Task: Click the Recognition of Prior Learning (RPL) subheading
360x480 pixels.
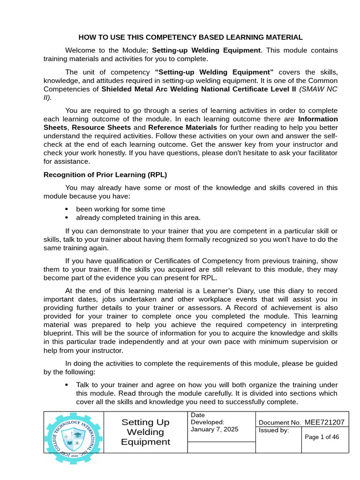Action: (105, 175)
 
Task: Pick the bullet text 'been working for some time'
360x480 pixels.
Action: (120, 209)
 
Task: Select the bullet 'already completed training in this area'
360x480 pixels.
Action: (138, 217)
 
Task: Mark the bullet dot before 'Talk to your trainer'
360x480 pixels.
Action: (66, 385)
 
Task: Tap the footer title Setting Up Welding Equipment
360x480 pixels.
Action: (145, 432)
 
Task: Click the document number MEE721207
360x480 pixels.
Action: (324, 422)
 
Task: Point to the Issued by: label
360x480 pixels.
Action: (274, 430)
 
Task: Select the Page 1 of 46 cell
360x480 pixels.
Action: (322, 437)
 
